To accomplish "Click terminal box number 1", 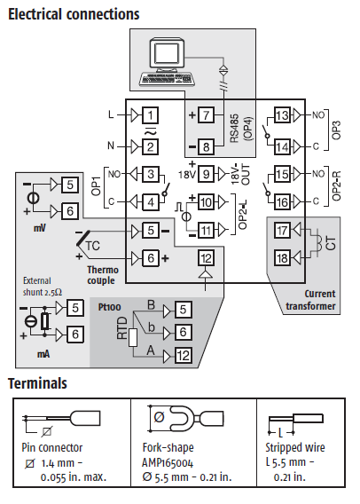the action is pyautogui.click(x=150, y=115).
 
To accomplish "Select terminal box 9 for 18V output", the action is pyautogui.click(x=206, y=174).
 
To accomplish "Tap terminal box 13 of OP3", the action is pyautogui.click(x=282, y=115).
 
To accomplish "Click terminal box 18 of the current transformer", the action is pyautogui.click(x=282, y=258).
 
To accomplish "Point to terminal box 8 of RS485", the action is pyautogui.click(x=206, y=147).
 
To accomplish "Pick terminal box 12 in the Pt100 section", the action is pyautogui.click(x=183, y=356).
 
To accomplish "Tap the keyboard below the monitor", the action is pyautogui.click(x=168, y=79).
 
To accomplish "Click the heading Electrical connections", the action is pyautogui.click(x=74, y=14).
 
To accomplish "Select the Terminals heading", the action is pyautogui.click(x=37, y=383).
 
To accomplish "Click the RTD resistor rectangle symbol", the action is pyautogui.click(x=133, y=337).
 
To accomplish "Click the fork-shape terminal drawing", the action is pyautogui.click(x=185, y=419).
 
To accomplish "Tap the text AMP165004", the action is pyautogui.click(x=168, y=463).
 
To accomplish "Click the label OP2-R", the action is pyautogui.click(x=336, y=186).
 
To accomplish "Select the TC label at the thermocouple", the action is pyautogui.click(x=93, y=246).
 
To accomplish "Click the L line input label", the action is pyautogui.click(x=111, y=114).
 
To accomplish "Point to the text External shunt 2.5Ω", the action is pyautogui.click(x=43, y=287).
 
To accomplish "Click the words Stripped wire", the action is pyautogui.click(x=294, y=447).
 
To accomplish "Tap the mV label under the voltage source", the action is pyautogui.click(x=40, y=228).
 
